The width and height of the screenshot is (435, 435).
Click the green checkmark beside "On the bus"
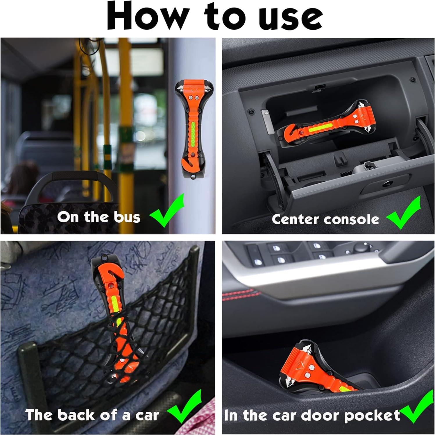tap(167, 210)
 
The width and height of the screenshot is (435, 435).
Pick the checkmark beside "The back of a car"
tap(184, 407)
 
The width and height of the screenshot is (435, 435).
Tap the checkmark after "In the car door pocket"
tap(417, 407)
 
